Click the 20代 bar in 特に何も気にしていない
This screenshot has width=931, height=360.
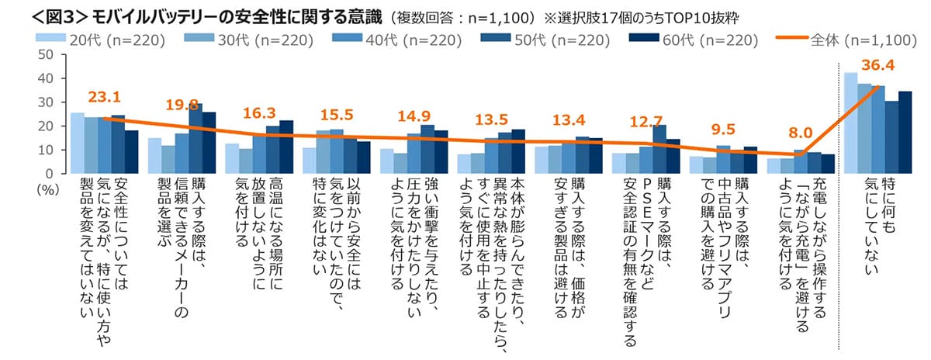[x=850, y=123]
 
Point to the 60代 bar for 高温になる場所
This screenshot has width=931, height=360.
[x=286, y=147]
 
